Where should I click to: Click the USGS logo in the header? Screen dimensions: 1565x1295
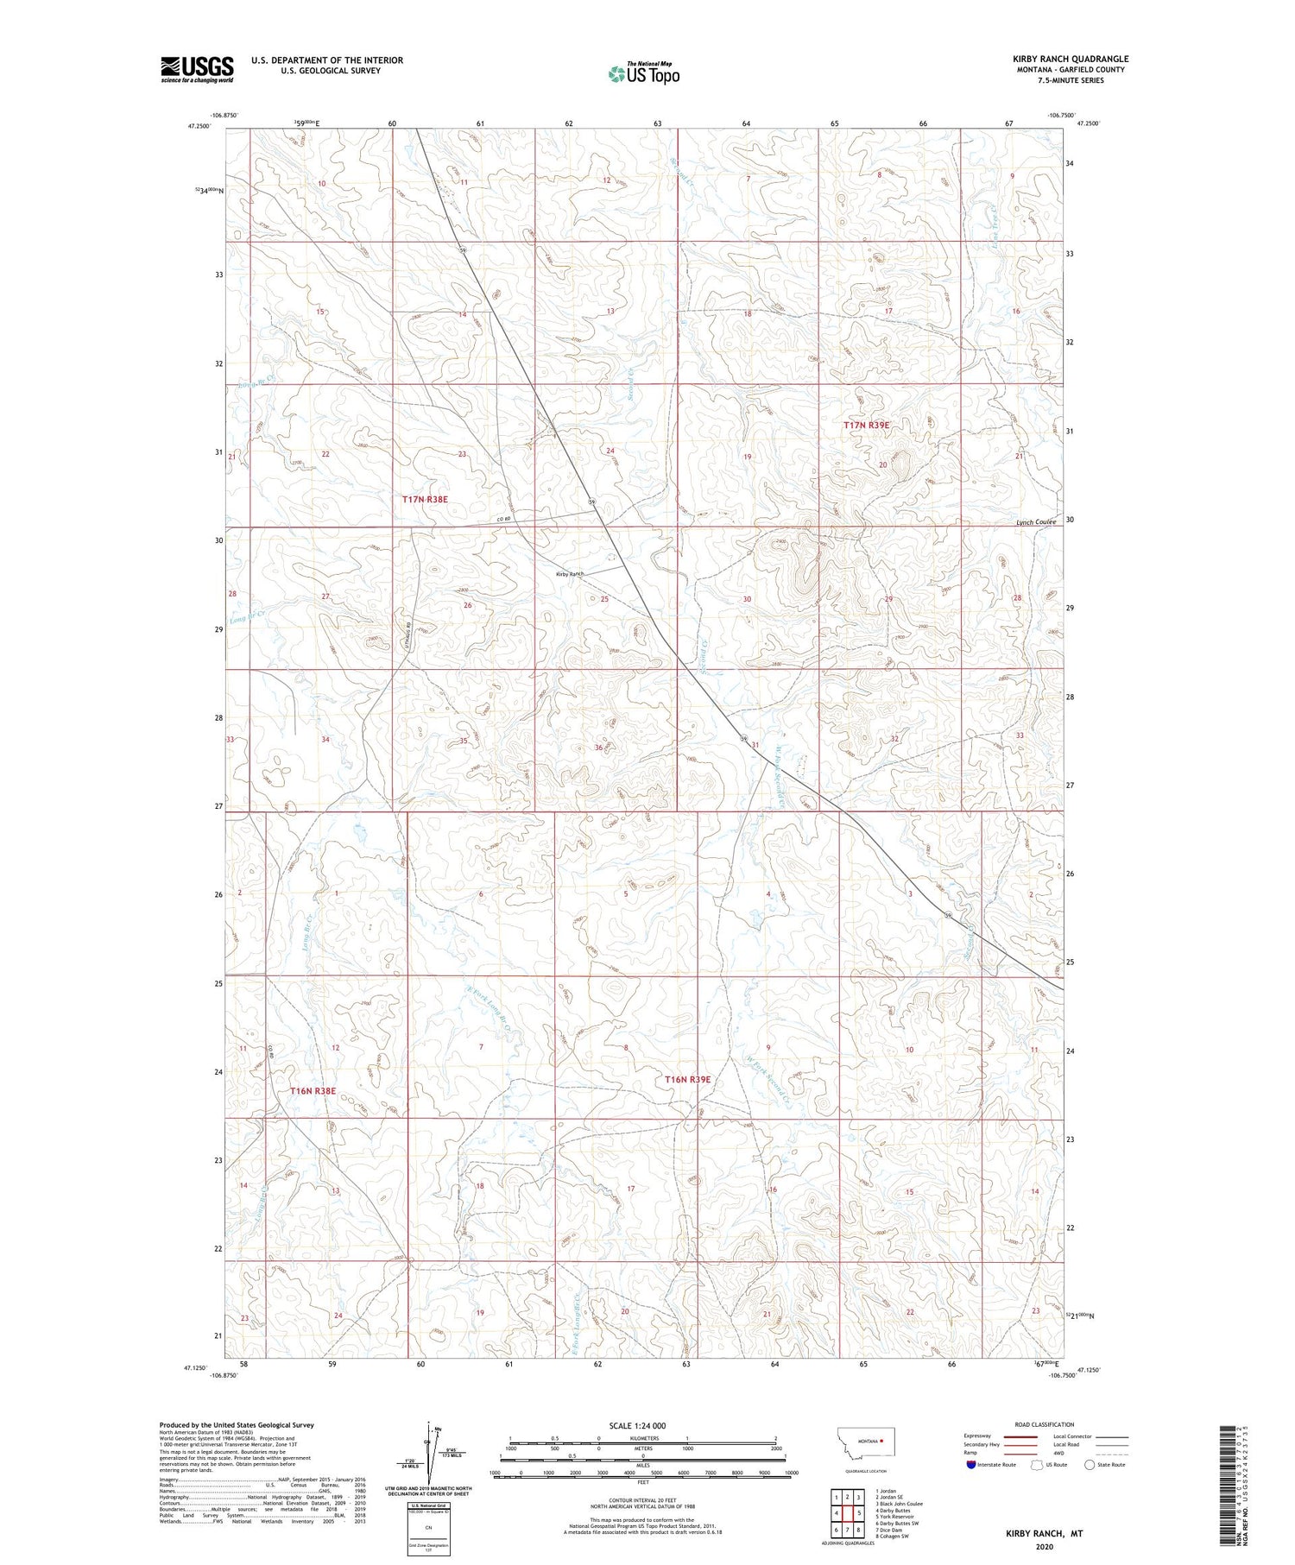pos(197,69)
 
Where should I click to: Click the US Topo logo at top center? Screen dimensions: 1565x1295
pos(643,74)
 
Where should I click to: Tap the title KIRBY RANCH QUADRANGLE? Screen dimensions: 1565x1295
pos(1071,59)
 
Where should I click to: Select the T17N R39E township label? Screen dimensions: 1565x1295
pos(866,426)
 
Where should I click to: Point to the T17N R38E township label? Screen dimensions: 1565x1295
pos(425,499)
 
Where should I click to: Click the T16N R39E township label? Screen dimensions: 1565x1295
pos(687,1079)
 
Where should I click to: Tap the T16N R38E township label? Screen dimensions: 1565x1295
pos(313,1091)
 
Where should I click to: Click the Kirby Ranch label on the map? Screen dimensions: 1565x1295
pos(570,574)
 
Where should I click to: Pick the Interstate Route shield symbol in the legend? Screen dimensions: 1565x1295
pos(970,1465)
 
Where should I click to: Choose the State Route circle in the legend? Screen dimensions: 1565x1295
pos(1090,1465)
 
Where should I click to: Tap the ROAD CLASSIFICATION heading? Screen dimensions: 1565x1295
pos(1045,1424)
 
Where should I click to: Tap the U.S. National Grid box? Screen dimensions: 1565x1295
pos(429,1528)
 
